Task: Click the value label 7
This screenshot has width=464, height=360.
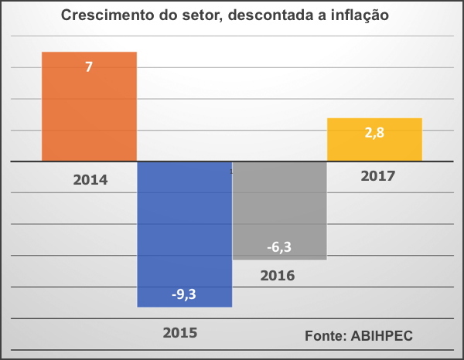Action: (89, 67)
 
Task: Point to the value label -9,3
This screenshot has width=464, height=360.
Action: (184, 294)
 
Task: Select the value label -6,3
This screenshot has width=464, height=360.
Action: (279, 246)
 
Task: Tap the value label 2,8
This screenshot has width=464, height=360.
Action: (374, 132)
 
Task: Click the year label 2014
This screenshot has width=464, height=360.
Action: (90, 181)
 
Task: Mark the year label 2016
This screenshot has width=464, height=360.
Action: (278, 274)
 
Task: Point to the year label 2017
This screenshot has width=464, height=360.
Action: (378, 175)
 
